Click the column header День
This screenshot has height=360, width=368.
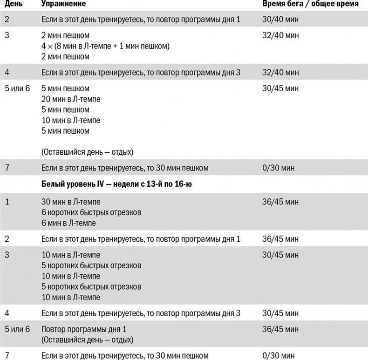pos(13,4)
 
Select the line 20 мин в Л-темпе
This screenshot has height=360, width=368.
pos(71,99)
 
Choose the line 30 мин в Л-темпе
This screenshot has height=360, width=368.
pos(71,202)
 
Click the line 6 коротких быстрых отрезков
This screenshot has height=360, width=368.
pos(91,213)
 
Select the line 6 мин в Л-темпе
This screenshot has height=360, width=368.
pos(69,224)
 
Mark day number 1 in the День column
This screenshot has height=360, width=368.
pos(7,202)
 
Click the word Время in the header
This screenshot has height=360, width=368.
pos(273,4)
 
